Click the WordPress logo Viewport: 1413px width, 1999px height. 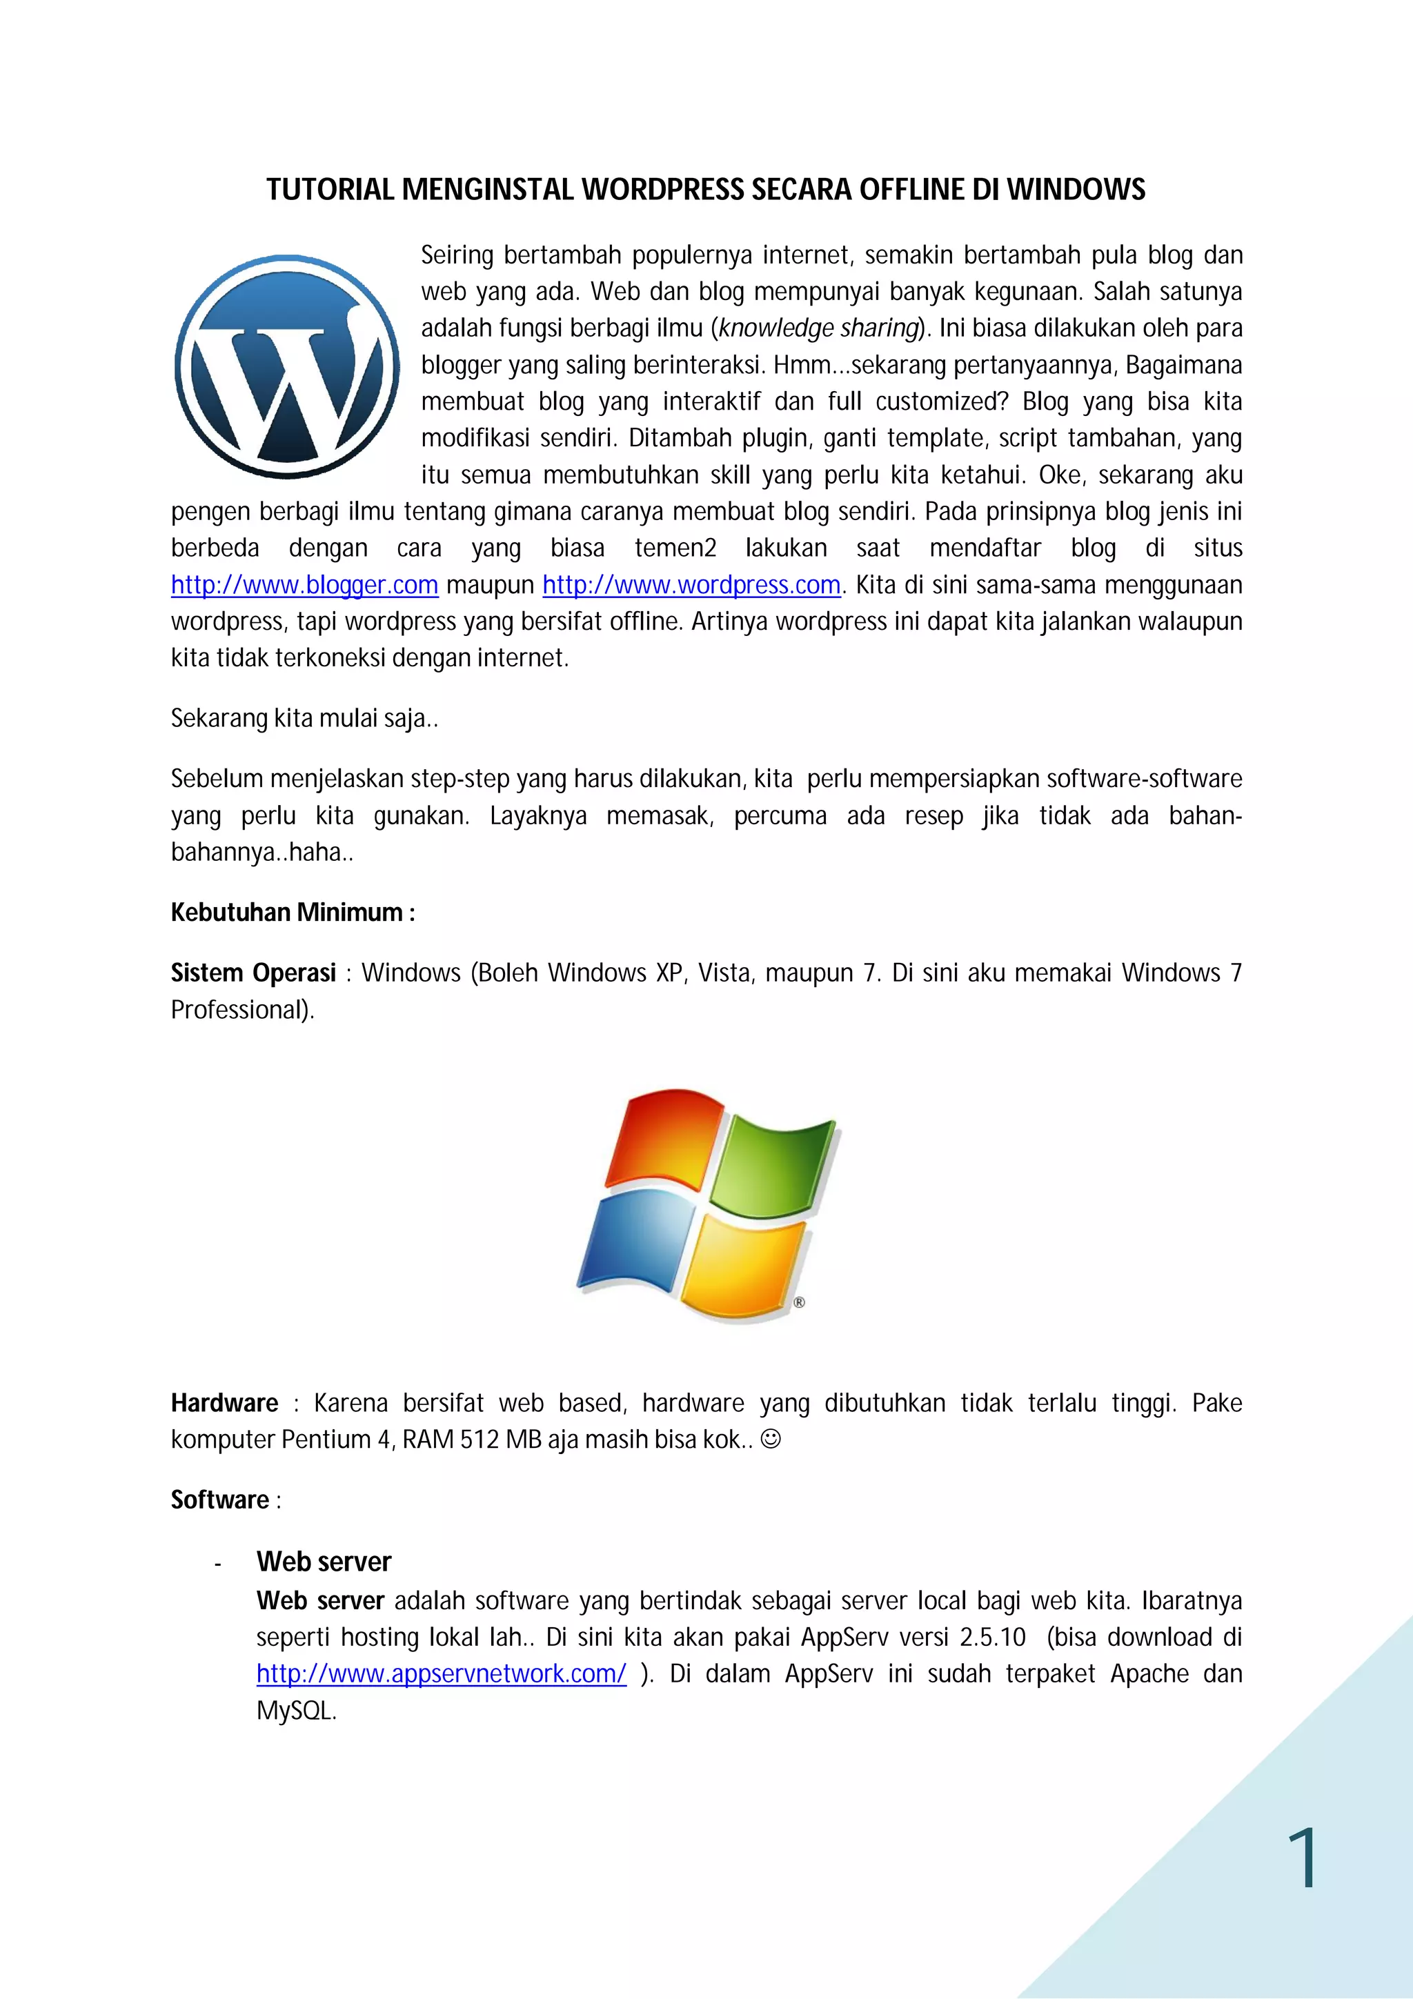click(x=286, y=366)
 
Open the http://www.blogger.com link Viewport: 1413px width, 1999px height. click(x=304, y=585)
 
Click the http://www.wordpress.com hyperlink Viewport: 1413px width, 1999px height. click(x=691, y=585)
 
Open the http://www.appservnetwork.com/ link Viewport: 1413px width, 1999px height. click(x=441, y=1674)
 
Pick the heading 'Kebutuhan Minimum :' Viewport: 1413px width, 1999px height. click(x=293, y=913)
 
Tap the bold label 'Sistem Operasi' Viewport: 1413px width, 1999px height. click(x=253, y=973)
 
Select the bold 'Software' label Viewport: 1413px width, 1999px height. click(x=219, y=1500)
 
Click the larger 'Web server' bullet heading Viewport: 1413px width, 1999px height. click(x=323, y=1562)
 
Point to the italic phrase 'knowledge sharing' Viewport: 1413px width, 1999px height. click(x=818, y=328)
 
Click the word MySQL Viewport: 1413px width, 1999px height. click(x=295, y=1711)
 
